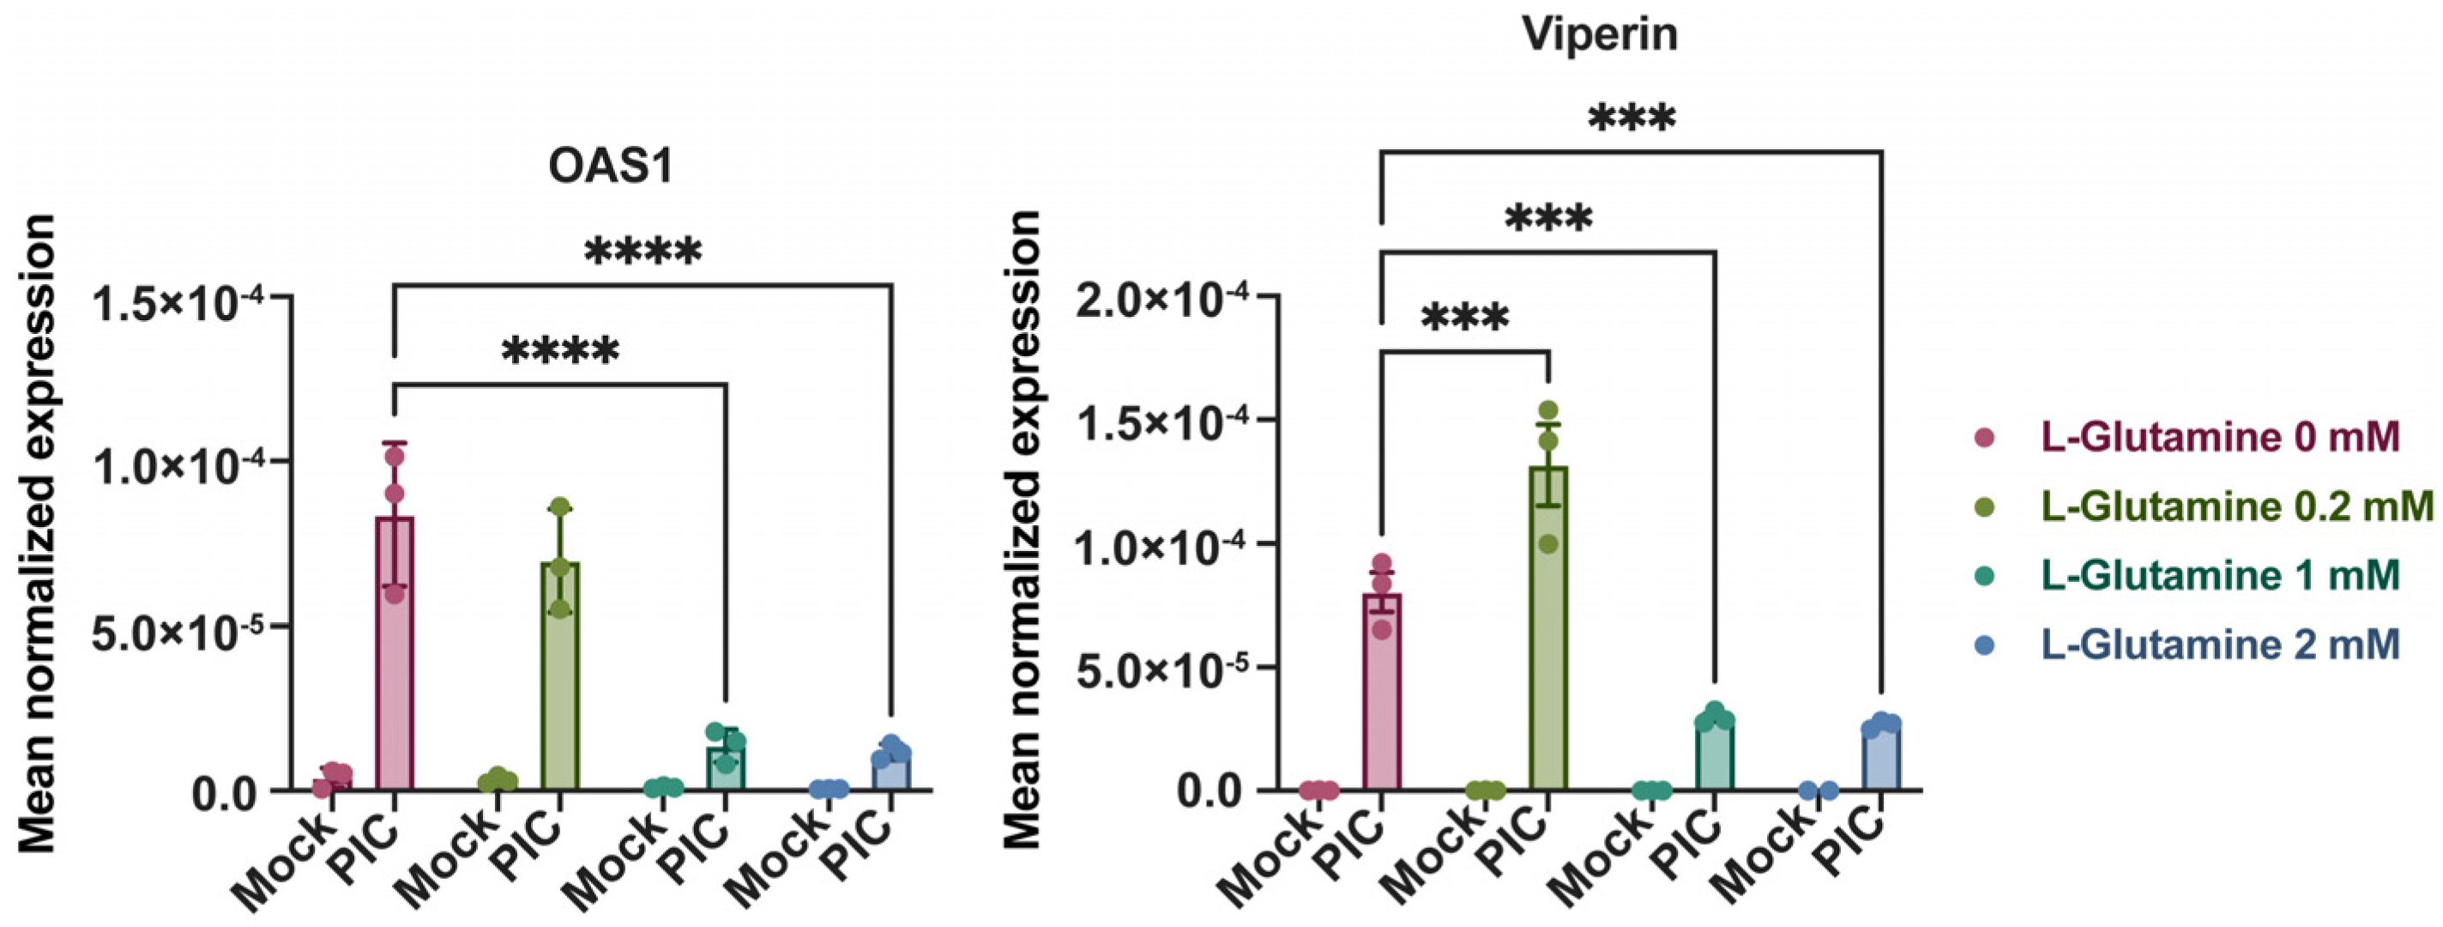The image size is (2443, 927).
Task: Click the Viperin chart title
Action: (x=1600, y=34)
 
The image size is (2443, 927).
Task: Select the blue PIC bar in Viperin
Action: (x=1880, y=759)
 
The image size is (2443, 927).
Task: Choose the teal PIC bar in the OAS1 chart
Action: (x=726, y=768)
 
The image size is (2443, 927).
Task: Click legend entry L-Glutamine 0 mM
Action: (x=2219, y=438)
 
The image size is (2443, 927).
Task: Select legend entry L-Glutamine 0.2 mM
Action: (x=2236, y=506)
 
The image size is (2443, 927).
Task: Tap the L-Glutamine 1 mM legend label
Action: (x=2219, y=575)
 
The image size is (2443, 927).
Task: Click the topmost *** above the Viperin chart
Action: (x=1632, y=119)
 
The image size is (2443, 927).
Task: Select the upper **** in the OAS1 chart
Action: (x=643, y=252)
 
